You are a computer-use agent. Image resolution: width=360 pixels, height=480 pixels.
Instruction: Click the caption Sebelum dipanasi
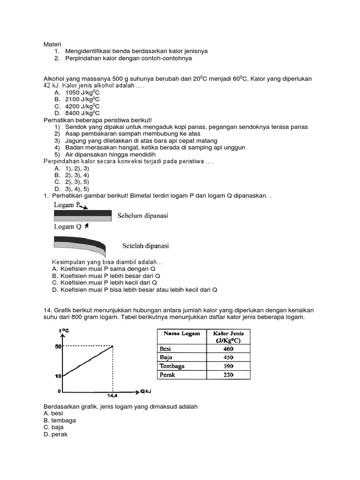point(145,216)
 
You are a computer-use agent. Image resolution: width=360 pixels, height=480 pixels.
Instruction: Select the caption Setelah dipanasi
point(145,246)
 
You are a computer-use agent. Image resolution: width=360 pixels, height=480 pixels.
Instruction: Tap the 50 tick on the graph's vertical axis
point(59,346)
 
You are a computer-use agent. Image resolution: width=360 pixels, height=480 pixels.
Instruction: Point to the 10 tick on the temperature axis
point(59,375)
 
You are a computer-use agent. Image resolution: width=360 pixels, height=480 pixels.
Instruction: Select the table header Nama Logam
point(181,334)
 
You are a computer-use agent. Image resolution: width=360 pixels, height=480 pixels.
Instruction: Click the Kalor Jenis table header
point(228,337)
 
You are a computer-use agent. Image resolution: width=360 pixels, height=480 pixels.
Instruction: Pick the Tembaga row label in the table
point(172,366)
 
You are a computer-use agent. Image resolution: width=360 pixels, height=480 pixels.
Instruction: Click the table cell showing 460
point(228,349)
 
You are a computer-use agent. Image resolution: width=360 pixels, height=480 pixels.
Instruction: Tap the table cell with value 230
point(228,375)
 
